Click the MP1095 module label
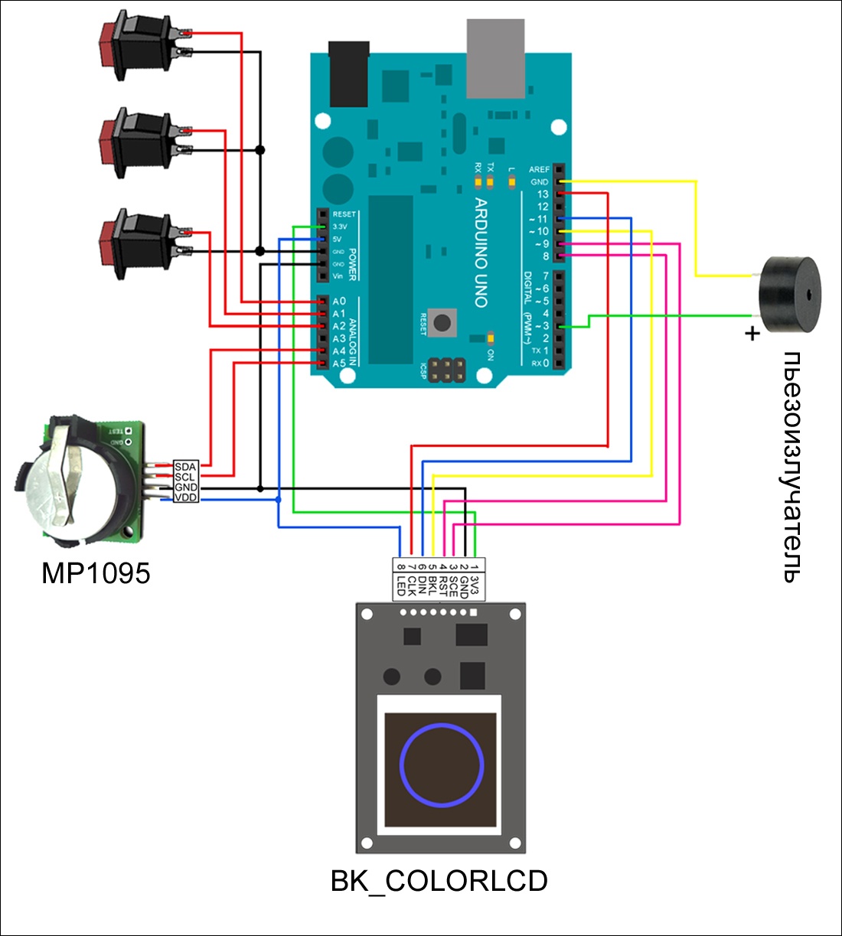pos(96,573)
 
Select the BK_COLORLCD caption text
pos(439,881)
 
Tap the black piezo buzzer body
pos(789,295)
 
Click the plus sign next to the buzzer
pos(752,333)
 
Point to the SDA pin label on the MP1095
pos(185,467)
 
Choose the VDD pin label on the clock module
pos(185,497)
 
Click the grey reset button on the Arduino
pos(442,321)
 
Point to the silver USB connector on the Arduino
pos(496,58)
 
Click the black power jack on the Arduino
pos(348,73)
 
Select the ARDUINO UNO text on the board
pos(481,253)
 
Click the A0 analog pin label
pos(338,302)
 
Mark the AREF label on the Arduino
pos(539,169)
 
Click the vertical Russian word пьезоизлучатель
pos(792,467)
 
